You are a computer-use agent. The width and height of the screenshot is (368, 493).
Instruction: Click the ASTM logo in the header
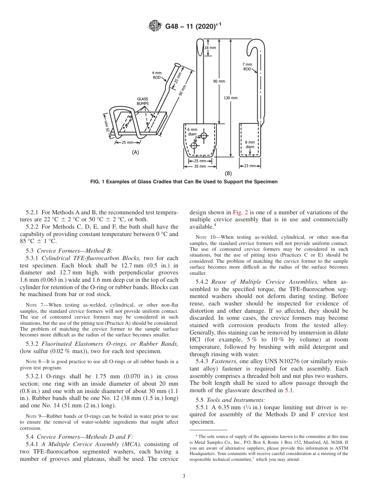156,27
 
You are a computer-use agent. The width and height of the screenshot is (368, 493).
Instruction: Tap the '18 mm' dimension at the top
210,48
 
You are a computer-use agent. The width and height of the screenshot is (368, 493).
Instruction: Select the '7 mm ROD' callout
247,66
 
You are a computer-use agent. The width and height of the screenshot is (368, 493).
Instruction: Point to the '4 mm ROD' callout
156,75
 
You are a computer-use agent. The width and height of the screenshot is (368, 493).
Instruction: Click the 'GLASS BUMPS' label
143,101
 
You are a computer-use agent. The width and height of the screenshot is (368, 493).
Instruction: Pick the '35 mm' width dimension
200,166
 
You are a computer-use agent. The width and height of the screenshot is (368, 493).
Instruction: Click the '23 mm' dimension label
250,166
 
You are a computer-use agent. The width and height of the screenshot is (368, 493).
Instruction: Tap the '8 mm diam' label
250,145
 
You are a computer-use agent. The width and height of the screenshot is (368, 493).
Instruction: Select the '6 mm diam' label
192,132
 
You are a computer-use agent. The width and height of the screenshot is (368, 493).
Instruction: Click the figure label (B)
228,174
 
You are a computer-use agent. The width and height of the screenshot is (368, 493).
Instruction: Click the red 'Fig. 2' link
238,212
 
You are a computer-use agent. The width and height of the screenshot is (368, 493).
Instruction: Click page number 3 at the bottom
184,476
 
